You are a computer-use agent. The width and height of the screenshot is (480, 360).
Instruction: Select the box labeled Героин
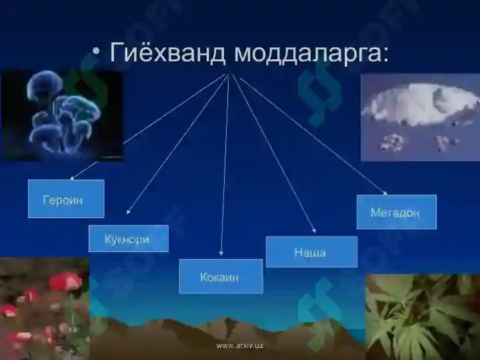[x=65, y=199]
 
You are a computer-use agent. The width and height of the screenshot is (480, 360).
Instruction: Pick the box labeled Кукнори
[x=128, y=238]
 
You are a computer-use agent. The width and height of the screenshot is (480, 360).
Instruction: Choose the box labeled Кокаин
[x=220, y=276]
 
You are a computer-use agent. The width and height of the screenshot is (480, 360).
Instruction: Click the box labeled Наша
[x=311, y=251]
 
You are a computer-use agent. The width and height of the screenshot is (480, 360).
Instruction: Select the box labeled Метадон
[x=396, y=212]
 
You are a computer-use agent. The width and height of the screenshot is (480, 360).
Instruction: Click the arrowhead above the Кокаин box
[x=221, y=254]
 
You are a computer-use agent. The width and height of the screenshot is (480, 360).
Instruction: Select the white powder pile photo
[x=420, y=117]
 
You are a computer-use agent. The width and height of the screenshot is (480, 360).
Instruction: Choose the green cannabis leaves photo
[x=422, y=316]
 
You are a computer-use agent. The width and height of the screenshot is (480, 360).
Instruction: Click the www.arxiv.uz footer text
[x=240, y=345]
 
